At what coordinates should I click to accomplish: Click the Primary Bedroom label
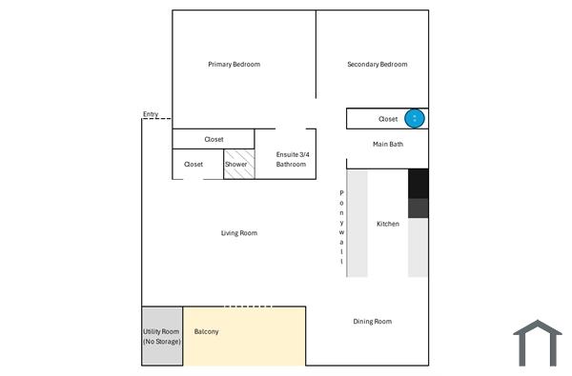tap(234, 65)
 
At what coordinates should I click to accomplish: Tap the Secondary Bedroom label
tap(377, 65)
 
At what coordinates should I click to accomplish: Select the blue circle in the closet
tap(415, 118)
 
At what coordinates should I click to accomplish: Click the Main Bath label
tap(388, 145)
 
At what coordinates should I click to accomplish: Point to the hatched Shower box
tap(238, 164)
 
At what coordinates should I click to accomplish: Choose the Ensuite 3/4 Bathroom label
tap(291, 159)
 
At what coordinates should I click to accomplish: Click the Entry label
tap(151, 114)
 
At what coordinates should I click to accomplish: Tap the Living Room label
tap(239, 233)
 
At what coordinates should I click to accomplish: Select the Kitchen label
tap(388, 224)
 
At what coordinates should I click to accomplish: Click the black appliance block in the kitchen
tap(419, 183)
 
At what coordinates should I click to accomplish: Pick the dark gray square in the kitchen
tap(419, 208)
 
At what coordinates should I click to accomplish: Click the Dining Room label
tap(373, 322)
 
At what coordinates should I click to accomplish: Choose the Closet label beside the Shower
tap(194, 164)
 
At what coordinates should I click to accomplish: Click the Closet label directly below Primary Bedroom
tap(214, 139)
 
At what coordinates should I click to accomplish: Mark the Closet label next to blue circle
tap(388, 119)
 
